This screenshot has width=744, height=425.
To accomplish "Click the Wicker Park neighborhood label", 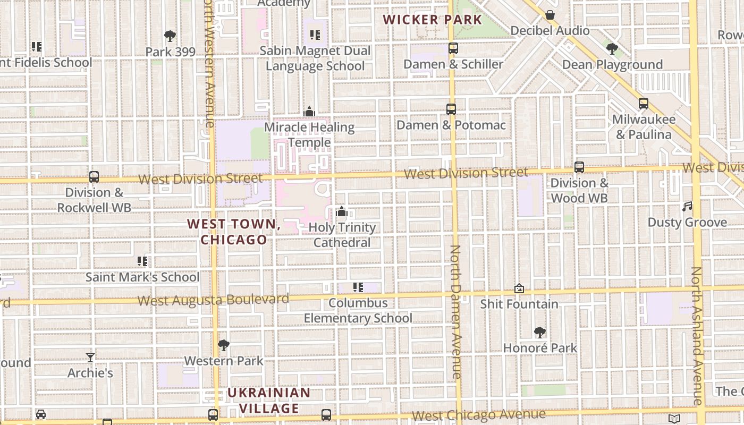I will [x=432, y=20].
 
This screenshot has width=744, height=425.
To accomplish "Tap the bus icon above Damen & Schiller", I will [x=453, y=48].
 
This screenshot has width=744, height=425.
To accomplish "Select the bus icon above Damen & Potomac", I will [x=451, y=109].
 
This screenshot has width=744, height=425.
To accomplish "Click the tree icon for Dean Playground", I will [x=612, y=49].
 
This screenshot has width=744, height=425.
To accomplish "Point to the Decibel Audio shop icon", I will [x=550, y=15].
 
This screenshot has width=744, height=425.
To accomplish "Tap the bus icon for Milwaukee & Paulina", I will [x=644, y=104].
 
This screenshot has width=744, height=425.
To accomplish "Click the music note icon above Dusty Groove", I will [x=687, y=206].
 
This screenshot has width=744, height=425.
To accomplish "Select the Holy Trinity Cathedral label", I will [x=342, y=235].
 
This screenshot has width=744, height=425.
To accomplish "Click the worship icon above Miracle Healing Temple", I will [x=309, y=112].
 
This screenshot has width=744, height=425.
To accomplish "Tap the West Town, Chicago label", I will [x=234, y=232].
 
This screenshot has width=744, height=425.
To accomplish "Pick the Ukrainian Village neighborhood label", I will [x=269, y=400].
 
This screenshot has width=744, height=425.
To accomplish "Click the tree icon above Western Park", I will [x=224, y=345].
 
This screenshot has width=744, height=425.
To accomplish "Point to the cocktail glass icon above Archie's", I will [x=90, y=357].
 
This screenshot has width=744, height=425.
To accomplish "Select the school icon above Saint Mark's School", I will [x=142, y=261].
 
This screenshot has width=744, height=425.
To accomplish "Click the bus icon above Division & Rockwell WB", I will [x=94, y=177].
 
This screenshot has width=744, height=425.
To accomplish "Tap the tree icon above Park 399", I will [x=170, y=36].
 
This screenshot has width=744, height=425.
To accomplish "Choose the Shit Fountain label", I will [x=519, y=304].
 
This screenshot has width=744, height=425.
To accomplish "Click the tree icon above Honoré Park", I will [x=540, y=333].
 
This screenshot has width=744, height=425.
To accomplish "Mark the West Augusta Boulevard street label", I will [x=213, y=300].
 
